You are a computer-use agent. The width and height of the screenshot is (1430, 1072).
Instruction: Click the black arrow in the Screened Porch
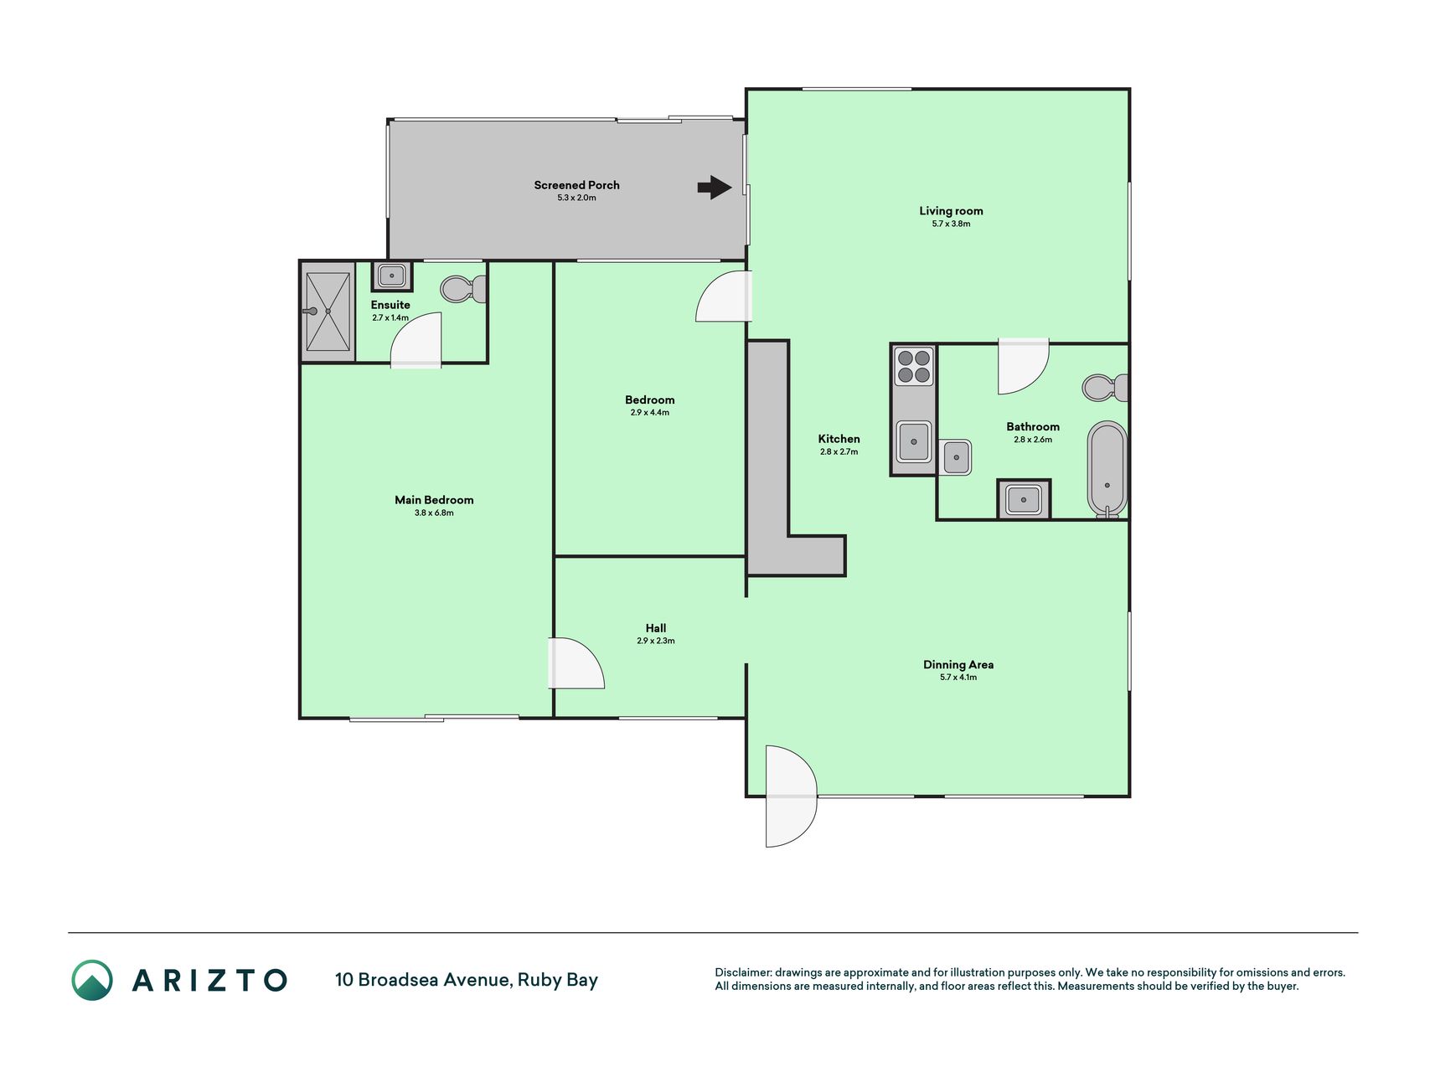(x=715, y=187)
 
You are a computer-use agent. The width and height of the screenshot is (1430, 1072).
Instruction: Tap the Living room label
(x=951, y=211)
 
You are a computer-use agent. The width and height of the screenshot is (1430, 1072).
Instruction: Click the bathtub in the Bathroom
(x=1107, y=470)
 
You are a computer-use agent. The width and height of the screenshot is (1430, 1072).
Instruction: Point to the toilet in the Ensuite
(x=463, y=289)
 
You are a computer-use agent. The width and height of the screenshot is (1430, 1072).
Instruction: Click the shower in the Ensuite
(x=328, y=312)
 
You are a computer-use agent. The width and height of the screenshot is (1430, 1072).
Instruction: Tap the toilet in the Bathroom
(x=1105, y=388)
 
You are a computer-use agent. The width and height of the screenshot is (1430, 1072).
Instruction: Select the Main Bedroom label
(x=434, y=500)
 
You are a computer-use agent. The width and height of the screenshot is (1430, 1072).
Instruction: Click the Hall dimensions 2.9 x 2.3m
(x=656, y=641)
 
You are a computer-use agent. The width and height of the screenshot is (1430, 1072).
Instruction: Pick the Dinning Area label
(x=958, y=665)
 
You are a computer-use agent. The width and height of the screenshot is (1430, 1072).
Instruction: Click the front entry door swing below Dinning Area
(x=791, y=796)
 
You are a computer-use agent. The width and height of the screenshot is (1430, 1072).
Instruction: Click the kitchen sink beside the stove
(x=914, y=441)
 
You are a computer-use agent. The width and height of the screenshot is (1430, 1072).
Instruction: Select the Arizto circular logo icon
(x=92, y=980)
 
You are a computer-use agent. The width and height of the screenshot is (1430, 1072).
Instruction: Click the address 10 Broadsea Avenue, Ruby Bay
(x=467, y=980)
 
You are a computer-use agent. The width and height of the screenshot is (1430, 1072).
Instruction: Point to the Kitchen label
(x=839, y=439)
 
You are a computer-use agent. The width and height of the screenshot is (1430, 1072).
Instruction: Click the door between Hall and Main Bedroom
(x=576, y=663)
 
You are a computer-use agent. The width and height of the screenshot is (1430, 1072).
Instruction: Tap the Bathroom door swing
(x=1023, y=366)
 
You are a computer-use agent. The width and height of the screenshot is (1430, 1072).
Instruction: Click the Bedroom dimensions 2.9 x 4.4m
(x=650, y=412)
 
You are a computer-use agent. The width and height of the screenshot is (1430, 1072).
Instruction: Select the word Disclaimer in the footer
(x=743, y=972)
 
